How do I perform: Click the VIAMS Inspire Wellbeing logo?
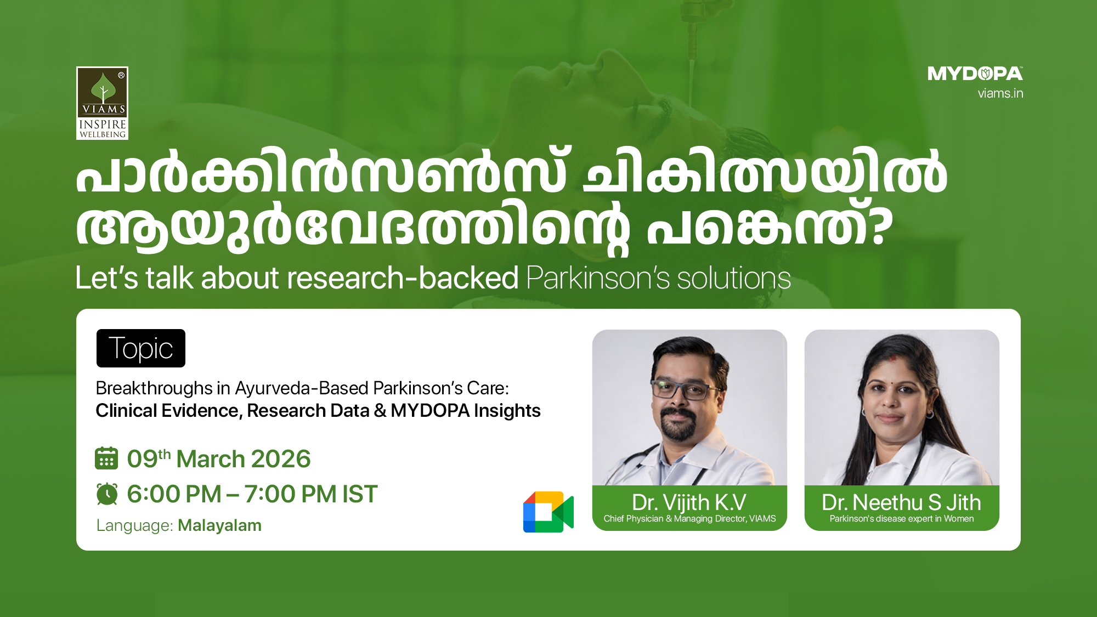pyautogui.click(x=103, y=103)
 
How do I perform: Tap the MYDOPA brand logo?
pyautogui.click(x=975, y=73)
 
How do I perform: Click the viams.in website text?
pyautogui.click(x=1000, y=93)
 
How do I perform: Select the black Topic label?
pyautogui.click(x=141, y=348)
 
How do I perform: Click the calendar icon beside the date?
pyautogui.click(x=106, y=458)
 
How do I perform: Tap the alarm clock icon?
pyautogui.click(x=107, y=494)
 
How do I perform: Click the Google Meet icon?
pyautogui.click(x=548, y=512)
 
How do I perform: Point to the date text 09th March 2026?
pyautogui.click(x=219, y=459)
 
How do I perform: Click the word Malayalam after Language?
pyautogui.click(x=219, y=525)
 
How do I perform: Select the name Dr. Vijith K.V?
pyautogui.click(x=689, y=502)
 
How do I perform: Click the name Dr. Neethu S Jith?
pyautogui.click(x=901, y=502)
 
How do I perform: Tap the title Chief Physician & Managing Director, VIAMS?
pyautogui.click(x=689, y=519)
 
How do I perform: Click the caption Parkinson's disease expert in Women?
pyautogui.click(x=902, y=519)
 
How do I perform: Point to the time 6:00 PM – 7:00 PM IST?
pyautogui.click(x=252, y=494)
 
